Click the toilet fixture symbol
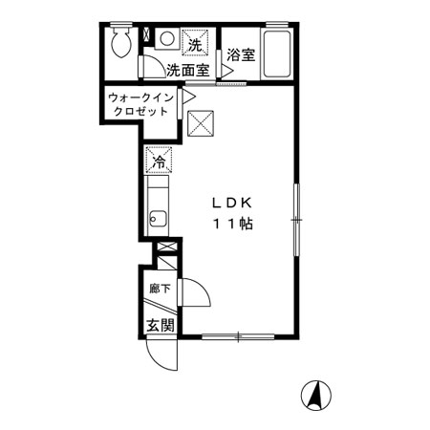[x=121, y=40]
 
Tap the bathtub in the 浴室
[x=277, y=54]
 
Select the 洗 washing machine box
[x=195, y=43]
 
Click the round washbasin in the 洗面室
[x=167, y=39]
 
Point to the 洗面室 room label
[x=188, y=70]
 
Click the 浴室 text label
[x=241, y=54]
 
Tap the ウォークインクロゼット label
[x=140, y=104]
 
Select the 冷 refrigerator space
[x=159, y=160]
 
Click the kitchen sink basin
[x=158, y=219]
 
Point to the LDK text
[x=232, y=203]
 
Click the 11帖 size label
[x=233, y=225]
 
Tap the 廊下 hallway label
[x=161, y=289]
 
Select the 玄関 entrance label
[x=161, y=325]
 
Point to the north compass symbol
[x=316, y=396]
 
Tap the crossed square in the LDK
[x=201, y=123]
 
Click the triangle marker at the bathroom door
[x=227, y=71]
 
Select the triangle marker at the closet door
[x=189, y=97]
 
